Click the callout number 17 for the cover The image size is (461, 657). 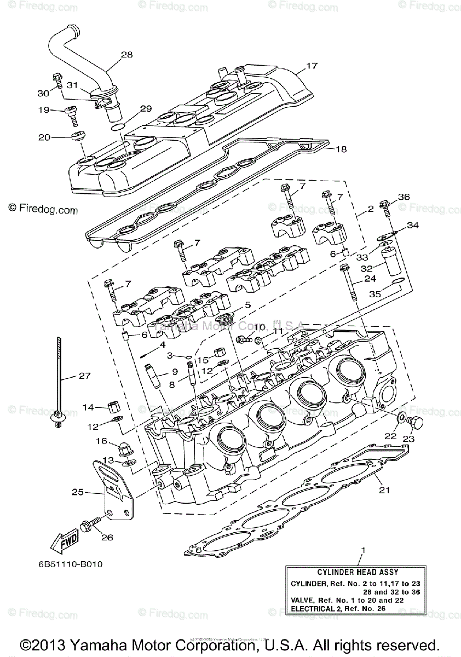(x=312, y=66)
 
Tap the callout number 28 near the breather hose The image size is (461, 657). (x=126, y=55)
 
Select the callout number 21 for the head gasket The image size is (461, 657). (x=385, y=489)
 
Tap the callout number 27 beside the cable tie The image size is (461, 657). (x=84, y=376)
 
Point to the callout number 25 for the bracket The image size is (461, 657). (x=78, y=492)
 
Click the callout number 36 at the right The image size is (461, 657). (x=403, y=197)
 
